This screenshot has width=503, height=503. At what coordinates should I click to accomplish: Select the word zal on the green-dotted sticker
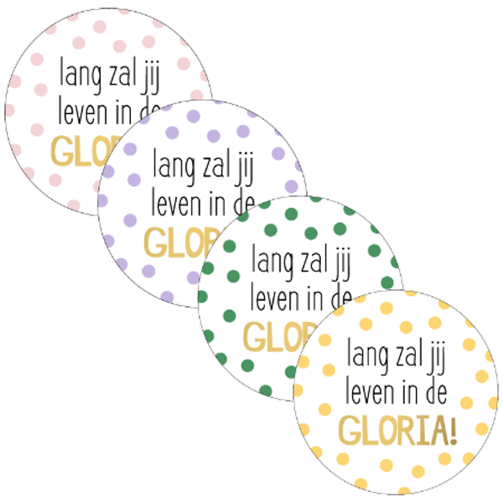(309, 261)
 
